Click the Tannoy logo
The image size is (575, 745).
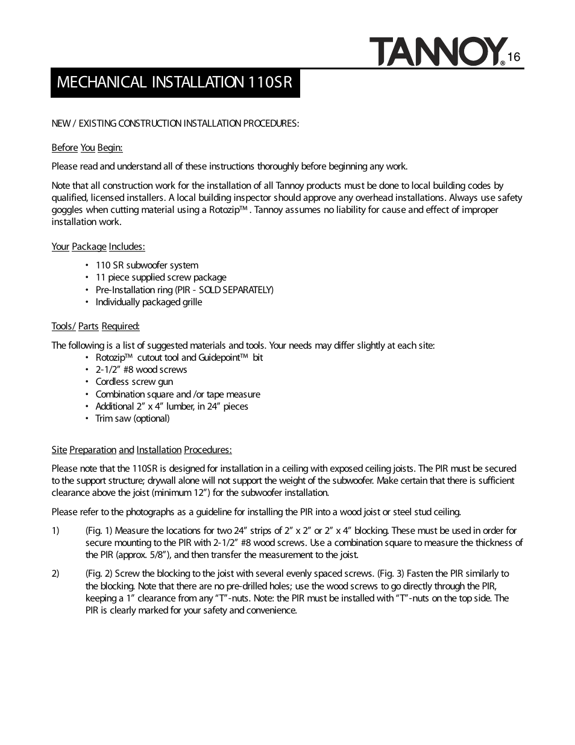pyautogui.click(x=436, y=51)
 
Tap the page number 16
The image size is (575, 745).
pyautogui.click(x=514, y=57)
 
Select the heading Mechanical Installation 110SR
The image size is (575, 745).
pyautogui.click(x=174, y=82)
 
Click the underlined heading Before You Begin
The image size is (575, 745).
pyautogui.click(x=87, y=148)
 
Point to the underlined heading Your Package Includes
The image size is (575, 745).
pyautogui.click(x=98, y=246)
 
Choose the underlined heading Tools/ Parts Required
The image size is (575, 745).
pyautogui.click(x=95, y=326)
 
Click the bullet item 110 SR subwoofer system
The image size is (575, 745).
pyautogui.click(x=146, y=265)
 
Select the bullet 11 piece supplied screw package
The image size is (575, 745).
pyautogui.click(x=160, y=277)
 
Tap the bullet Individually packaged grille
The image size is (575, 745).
pyautogui.click(x=148, y=302)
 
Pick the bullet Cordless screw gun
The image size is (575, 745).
pyautogui.click(x=134, y=382)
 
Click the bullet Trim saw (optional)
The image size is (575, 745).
pyautogui.click(x=132, y=419)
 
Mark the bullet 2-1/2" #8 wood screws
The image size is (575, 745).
pyautogui.click(x=141, y=370)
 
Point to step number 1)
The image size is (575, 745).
pyautogui.click(x=55, y=531)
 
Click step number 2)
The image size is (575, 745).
pyautogui.click(x=55, y=574)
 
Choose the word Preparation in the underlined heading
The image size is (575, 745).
pyautogui.click(x=93, y=450)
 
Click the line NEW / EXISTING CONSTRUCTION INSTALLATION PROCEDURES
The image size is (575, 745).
pyautogui.click(x=175, y=124)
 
